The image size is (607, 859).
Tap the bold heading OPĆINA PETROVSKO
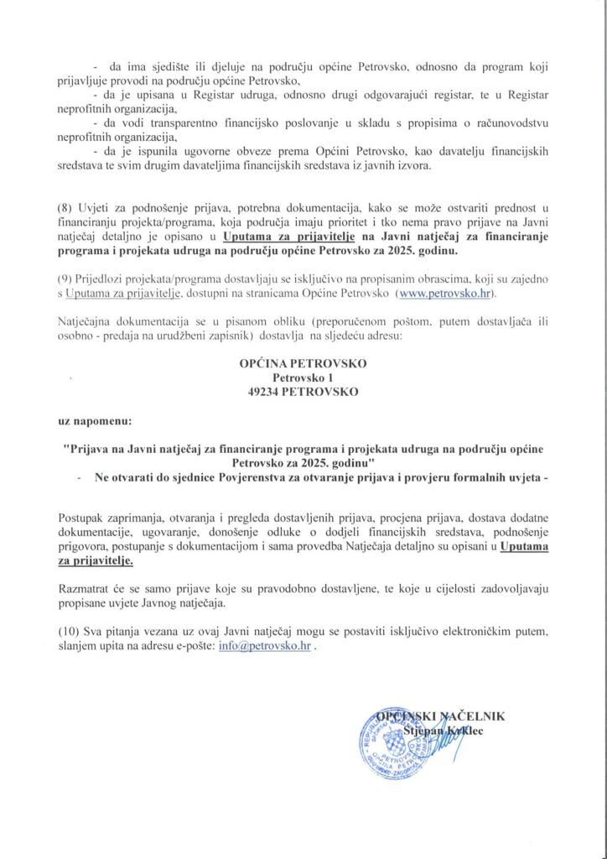[303, 365]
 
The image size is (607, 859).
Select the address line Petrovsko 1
[303, 378]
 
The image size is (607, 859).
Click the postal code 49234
[264, 392]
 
